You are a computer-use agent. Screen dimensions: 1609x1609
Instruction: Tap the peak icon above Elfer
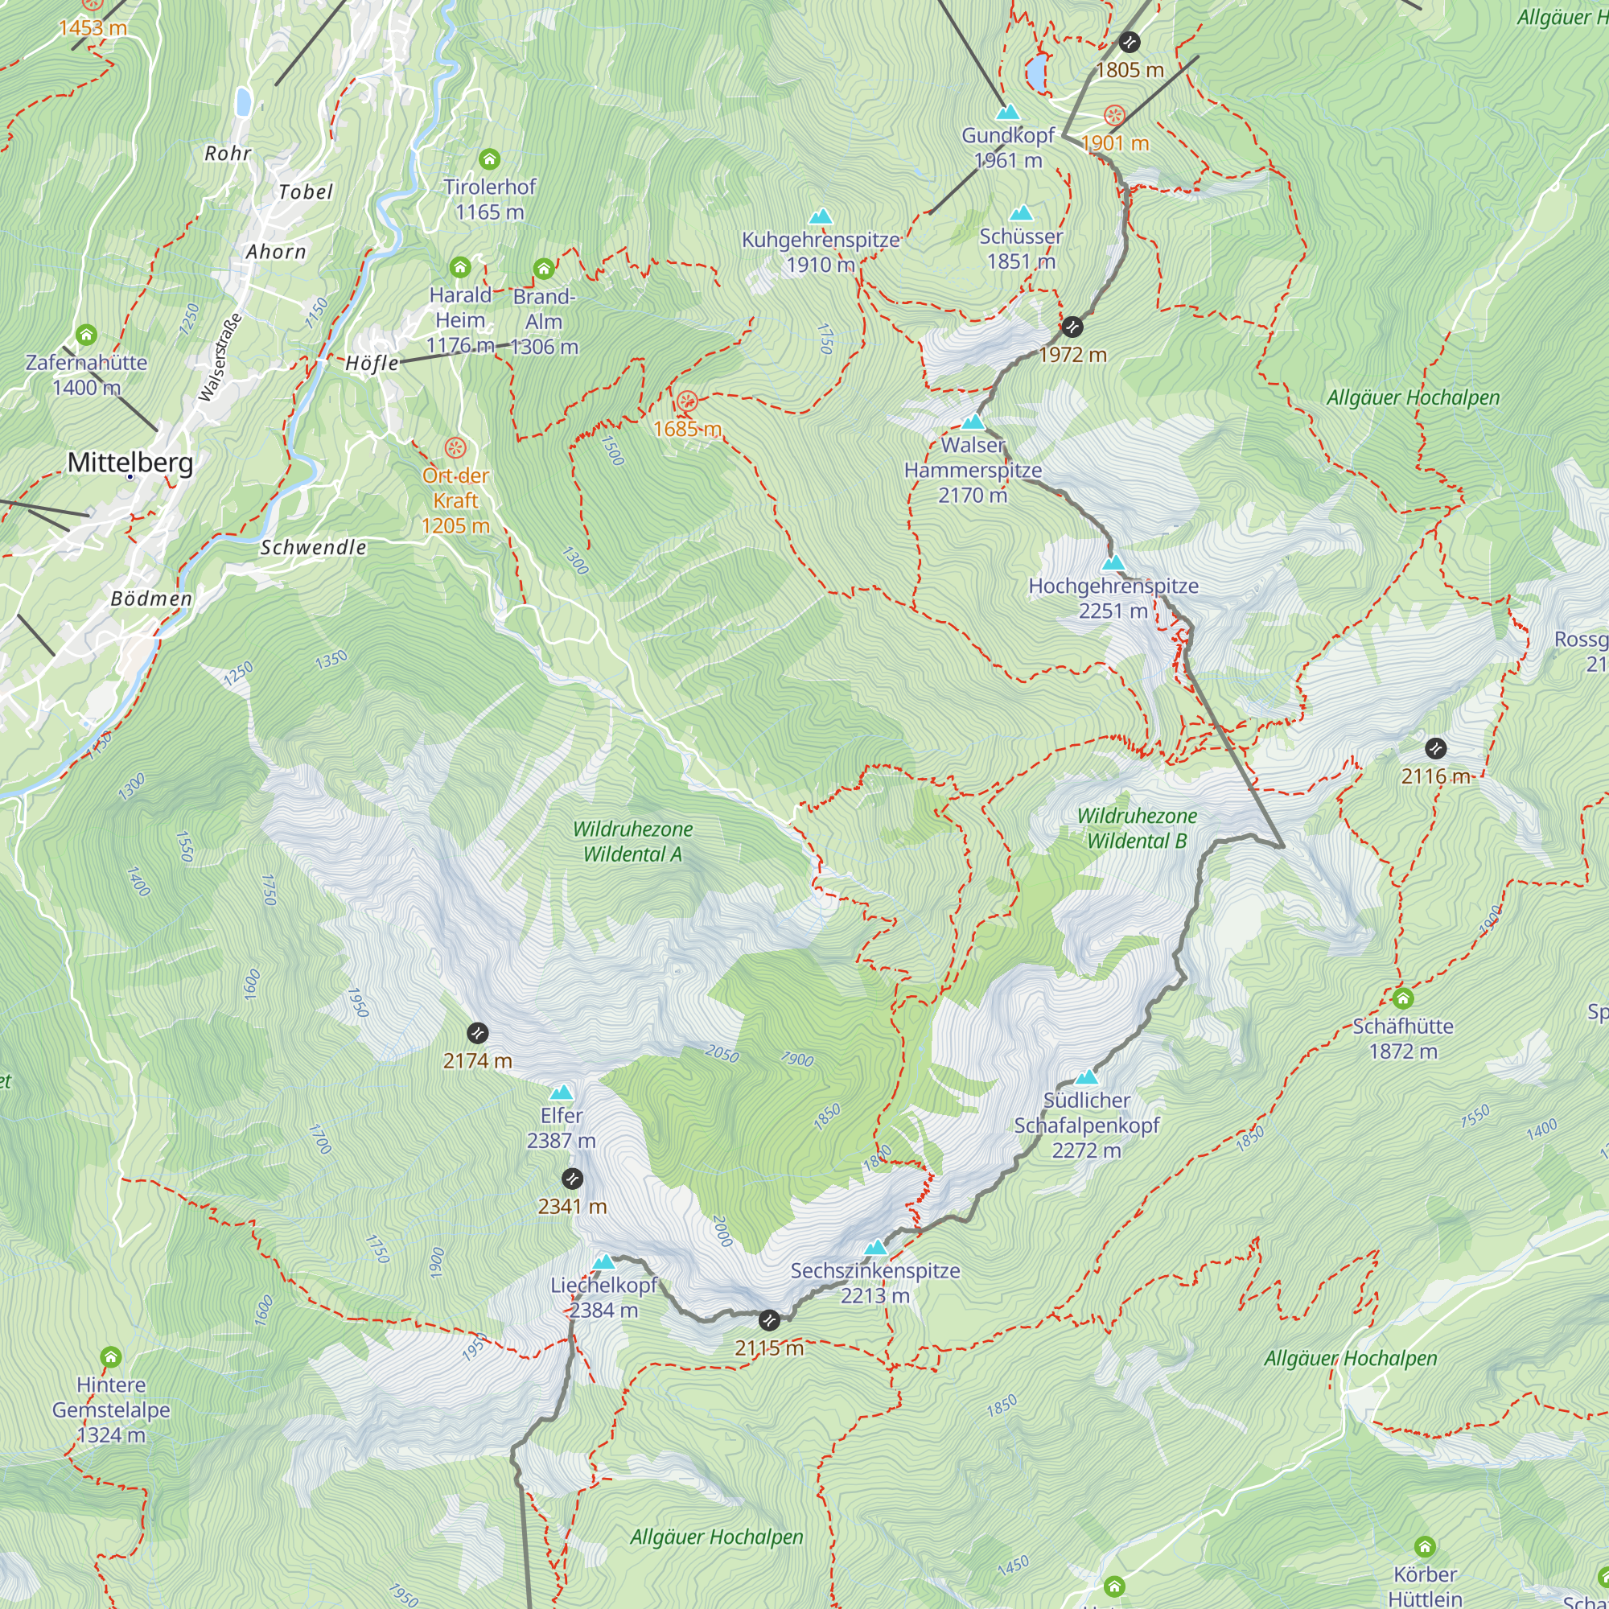[562, 1093]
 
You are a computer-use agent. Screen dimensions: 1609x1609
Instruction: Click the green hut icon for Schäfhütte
[1402, 998]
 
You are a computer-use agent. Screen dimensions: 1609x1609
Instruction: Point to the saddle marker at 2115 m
[768, 1320]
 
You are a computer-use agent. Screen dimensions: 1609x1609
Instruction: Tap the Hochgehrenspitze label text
[1113, 586]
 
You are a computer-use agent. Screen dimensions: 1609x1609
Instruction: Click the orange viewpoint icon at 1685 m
[686, 402]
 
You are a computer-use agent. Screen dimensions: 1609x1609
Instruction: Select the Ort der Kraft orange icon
[455, 449]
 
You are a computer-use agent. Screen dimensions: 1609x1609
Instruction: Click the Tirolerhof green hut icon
[489, 158]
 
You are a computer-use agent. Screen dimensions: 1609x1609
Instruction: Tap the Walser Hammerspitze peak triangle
[973, 422]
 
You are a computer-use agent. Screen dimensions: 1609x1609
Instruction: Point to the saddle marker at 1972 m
[1072, 327]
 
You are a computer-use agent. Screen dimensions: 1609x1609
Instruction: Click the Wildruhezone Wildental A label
[632, 842]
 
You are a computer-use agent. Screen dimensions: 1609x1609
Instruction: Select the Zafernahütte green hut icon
[87, 335]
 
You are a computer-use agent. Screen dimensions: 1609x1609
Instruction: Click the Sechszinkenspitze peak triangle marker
[874, 1248]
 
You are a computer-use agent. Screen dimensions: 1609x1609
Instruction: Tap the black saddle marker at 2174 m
[477, 1034]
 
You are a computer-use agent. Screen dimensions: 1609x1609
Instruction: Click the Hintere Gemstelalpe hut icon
[111, 1357]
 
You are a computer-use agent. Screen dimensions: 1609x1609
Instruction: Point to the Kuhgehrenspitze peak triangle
[821, 216]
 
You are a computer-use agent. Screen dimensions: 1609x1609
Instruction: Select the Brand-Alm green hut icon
[544, 268]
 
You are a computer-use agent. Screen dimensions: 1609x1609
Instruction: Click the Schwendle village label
[313, 547]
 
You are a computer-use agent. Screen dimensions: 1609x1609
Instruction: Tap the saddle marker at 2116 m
[1435, 748]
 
